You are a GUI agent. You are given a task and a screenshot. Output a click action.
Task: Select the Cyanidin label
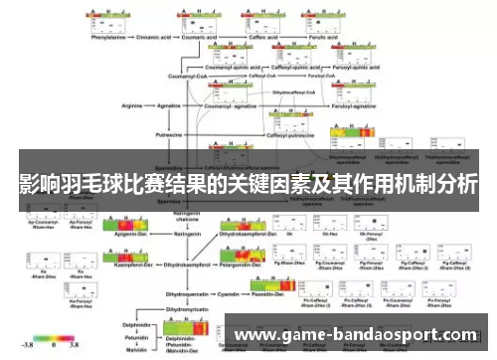click(232, 293)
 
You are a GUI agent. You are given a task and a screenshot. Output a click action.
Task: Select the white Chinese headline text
click(248, 185)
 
